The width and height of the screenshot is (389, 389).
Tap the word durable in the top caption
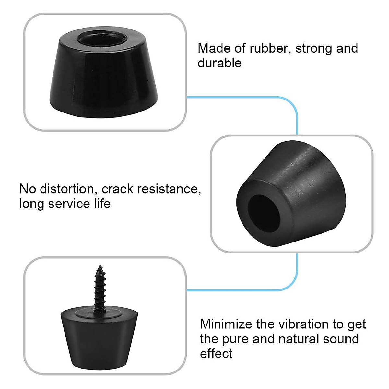pyautogui.click(x=219, y=63)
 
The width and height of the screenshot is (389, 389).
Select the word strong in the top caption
pyautogui.click(x=313, y=48)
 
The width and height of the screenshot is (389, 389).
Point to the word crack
pyautogui.click(x=117, y=189)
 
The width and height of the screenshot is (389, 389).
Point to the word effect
pyautogui.click(x=216, y=353)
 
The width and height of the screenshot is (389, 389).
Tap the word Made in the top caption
pyautogui.click(x=214, y=48)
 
